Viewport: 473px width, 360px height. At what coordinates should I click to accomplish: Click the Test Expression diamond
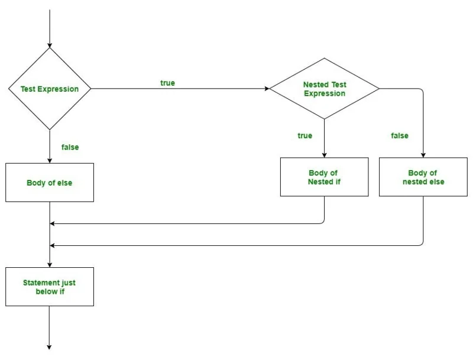click(x=50, y=89)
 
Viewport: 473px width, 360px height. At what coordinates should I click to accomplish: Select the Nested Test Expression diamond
click(x=324, y=89)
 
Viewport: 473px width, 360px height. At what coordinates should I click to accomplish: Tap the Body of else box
click(x=50, y=183)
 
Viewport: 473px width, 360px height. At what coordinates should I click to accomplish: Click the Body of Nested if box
click(x=324, y=177)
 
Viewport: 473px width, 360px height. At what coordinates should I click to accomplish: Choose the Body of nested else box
click(x=423, y=177)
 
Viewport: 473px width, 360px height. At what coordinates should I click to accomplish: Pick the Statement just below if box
click(x=50, y=287)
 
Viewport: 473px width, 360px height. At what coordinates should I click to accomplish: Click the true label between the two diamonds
click(x=167, y=83)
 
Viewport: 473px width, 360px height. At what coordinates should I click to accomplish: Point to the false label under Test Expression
click(x=70, y=147)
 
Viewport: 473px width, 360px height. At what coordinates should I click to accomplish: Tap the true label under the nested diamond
click(x=304, y=136)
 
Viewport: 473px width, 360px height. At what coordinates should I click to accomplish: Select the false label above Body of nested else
click(x=400, y=136)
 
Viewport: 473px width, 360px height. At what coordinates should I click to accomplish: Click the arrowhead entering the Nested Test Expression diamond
click(x=267, y=89)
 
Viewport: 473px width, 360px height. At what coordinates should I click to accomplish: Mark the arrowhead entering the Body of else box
click(x=50, y=160)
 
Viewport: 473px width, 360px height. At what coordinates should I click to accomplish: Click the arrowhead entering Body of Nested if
click(x=324, y=154)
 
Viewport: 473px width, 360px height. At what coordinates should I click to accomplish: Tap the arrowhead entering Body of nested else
click(x=423, y=154)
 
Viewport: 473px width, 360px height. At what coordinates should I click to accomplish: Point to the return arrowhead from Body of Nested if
click(x=53, y=223)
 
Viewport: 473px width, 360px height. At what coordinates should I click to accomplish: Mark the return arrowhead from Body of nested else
click(x=53, y=245)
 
